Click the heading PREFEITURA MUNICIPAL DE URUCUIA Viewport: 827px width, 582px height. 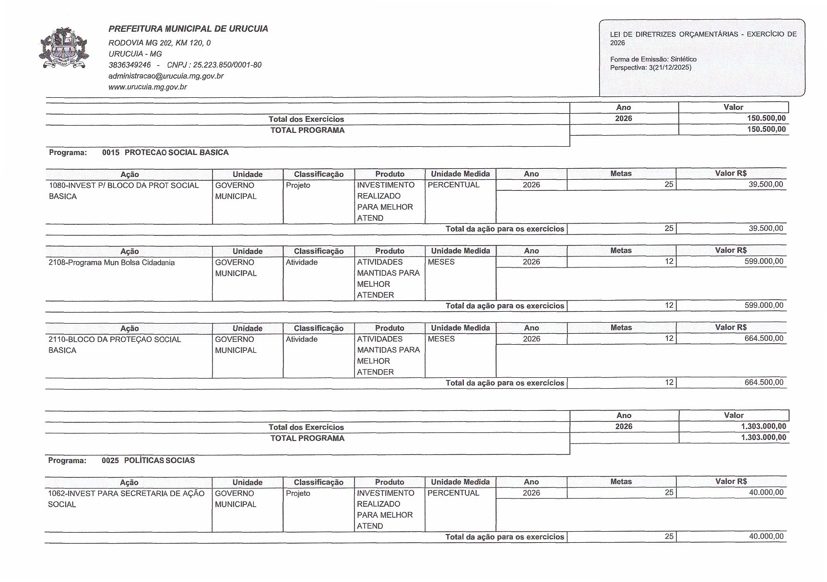point(188,29)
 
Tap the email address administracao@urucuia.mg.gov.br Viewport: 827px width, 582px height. point(166,76)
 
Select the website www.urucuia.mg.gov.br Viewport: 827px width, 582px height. point(147,87)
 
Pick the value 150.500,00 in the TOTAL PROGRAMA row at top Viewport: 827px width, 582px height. point(766,129)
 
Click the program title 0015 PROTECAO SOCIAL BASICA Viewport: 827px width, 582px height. point(165,152)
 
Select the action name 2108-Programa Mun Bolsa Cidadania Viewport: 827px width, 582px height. point(111,263)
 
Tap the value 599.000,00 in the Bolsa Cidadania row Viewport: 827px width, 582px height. point(766,261)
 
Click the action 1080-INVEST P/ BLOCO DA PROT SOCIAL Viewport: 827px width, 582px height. point(123,186)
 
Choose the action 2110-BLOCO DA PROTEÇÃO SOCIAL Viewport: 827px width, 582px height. point(115,339)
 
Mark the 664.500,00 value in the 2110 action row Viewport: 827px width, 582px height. point(766,338)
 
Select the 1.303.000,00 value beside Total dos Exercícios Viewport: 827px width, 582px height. point(763,426)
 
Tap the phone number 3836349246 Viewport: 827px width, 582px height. point(130,65)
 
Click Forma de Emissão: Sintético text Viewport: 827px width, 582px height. point(653,59)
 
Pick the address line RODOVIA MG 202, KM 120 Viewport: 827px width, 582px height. point(159,43)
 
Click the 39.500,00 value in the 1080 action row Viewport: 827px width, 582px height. point(766,185)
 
